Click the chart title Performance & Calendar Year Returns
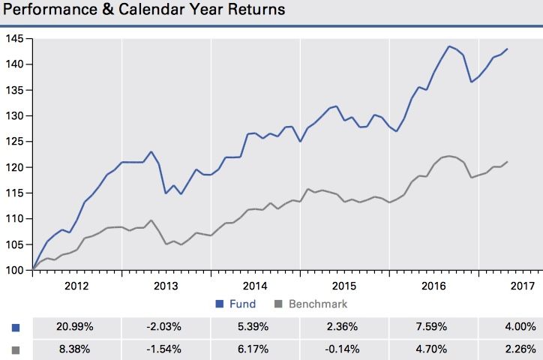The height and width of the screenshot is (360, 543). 144,12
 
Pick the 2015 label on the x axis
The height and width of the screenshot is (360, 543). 343,286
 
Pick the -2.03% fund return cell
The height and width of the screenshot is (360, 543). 165,326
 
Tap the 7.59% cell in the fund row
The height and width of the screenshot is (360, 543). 431,326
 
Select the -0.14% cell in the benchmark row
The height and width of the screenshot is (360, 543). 343,349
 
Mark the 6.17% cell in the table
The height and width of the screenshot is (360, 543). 254,349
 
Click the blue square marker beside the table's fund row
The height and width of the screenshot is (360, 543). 16,327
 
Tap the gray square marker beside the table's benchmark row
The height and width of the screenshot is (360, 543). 16,349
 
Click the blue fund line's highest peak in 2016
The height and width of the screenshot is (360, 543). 448,46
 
